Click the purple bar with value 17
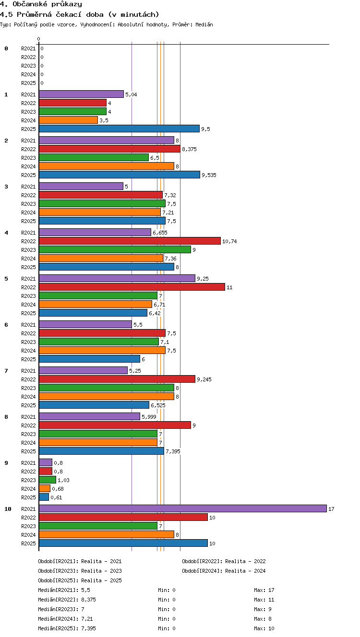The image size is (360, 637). click(183, 508)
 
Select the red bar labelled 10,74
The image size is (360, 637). click(130, 241)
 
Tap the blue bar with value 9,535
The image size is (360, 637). click(120, 175)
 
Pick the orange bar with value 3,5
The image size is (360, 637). click(68, 120)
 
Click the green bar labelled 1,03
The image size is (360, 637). click(48, 480)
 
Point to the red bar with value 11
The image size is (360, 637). click(132, 287)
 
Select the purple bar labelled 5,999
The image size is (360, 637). click(90, 416)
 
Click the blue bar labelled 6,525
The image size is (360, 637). click(94, 405)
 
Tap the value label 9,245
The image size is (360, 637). click(204, 379)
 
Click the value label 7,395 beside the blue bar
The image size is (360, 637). click(173, 451)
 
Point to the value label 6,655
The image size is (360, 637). click(160, 233)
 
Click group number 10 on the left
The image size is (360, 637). click(8, 509)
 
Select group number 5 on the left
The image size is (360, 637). click(6, 279)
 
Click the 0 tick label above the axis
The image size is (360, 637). click(39, 39)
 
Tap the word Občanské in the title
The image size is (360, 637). click(30, 4)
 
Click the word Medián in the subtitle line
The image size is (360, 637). click(204, 24)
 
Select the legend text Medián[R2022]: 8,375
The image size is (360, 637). click(67, 600)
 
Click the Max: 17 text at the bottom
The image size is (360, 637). click(264, 590)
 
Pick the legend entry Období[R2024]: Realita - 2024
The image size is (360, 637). click(224, 571)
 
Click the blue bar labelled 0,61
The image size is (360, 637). click(44, 497)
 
